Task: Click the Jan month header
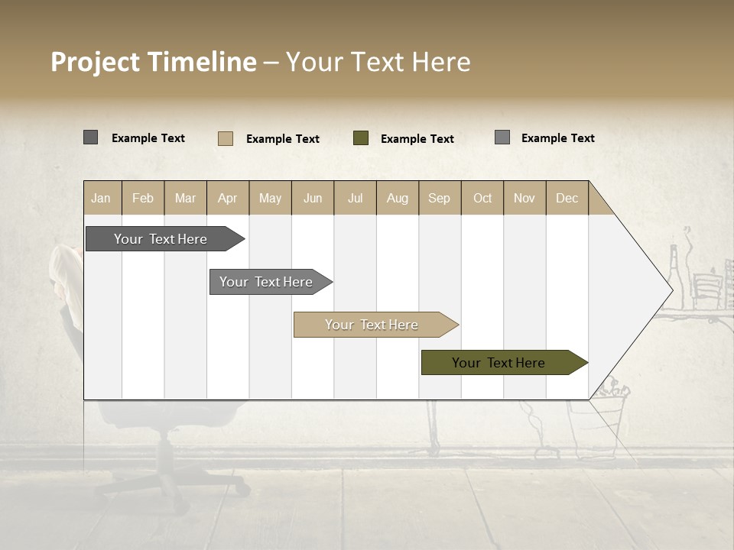coord(101,198)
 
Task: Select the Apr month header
coord(227,198)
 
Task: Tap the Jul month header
coord(355,198)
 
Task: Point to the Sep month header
coord(439,198)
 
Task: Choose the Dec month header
coord(567,198)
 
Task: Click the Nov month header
coord(524,198)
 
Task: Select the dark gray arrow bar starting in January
coord(161,239)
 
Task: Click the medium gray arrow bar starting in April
coord(266,282)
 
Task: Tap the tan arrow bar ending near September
coord(372,325)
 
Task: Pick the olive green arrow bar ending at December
coord(499,363)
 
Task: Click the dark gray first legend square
coord(90,137)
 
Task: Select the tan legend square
coord(225,138)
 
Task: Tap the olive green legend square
coord(361,137)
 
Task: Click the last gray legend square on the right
coord(502,137)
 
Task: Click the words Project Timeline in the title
coord(153,62)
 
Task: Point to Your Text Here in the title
coord(378,62)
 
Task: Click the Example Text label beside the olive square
coord(417,138)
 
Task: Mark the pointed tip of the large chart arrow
coord(671,290)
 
